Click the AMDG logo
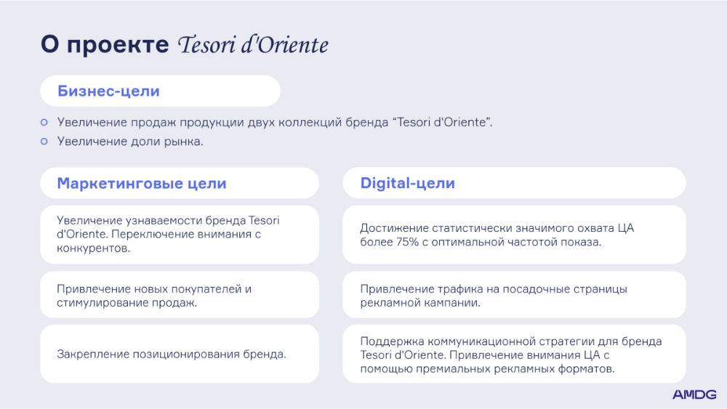tap(694, 394)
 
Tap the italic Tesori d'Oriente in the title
tap(253, 45)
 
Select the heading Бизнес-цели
tap(108, 92)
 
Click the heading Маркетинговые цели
tap(142, 183)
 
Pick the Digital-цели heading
tap(408, 183)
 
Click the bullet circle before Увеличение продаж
tap(44, 122)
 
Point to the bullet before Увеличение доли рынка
tap(44, 141)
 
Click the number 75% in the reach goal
tap(408, 242)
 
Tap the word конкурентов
tap(93, 248)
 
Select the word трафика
tap(417, 289)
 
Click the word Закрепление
tap(93, 355)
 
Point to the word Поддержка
tap(392, 341)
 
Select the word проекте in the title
tap(118, 45)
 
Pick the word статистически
tap(470, 228)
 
